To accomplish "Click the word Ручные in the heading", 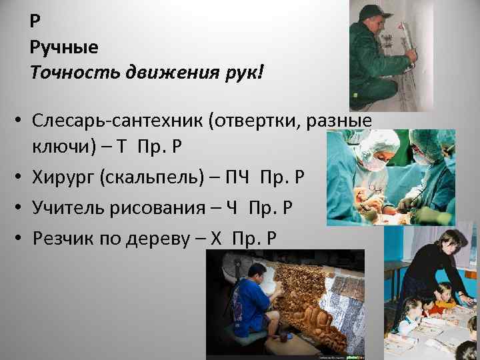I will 64,47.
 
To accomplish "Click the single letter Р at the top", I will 35,21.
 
